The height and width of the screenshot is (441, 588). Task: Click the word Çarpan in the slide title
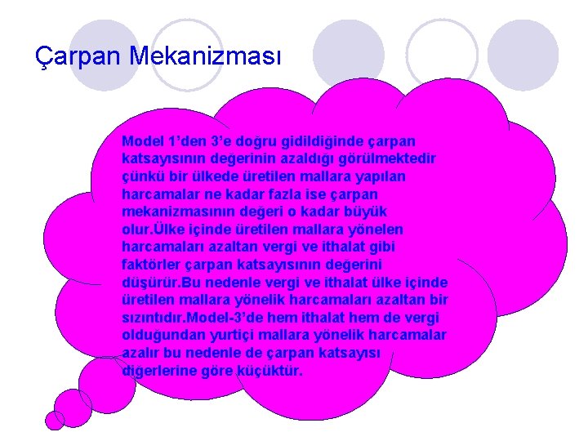[x=68, y=56]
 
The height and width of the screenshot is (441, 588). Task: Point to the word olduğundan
[x=158, y=335]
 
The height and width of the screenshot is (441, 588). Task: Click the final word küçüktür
[x=273, y=370]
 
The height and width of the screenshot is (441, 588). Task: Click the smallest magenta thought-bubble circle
[x=55, y=419]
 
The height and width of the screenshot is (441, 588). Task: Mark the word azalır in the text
[x=143, y=352]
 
